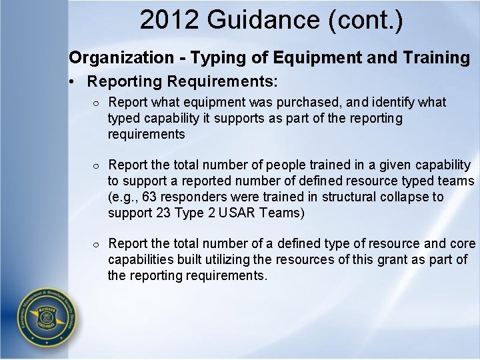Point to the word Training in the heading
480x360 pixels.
click(436, 58)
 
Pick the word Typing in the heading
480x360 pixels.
click(213, 58)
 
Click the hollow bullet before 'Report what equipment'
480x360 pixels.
click(97, 103)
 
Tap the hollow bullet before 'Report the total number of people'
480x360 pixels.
click(97, 165)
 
